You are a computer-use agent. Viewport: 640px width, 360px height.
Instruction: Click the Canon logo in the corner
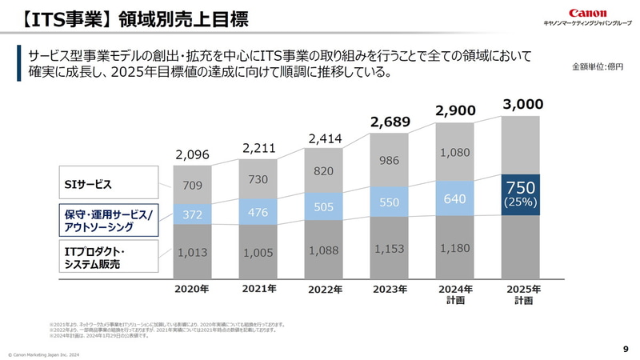pyautogui.click(x=587, y=13)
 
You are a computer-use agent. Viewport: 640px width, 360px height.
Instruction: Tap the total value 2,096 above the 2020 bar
pyautogui.click(x=192, y=154)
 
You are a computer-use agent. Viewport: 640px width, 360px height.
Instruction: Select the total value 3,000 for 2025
pyautogui.click(x=522, y=104)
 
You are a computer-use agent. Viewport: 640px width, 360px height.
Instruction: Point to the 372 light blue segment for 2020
pyautogui.click(x=192, y=214)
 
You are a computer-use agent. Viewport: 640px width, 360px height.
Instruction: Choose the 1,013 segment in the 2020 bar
pyautogui.click(x=192, y=252)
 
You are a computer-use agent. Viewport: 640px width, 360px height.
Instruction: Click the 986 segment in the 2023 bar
pyautogui.click(x=390, y=162)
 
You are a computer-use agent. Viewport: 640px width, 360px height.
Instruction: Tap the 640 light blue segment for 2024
pyautogui.click(x=455, y=198)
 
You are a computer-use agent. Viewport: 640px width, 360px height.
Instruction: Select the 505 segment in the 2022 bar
pyautogui.click(x=324, y=207)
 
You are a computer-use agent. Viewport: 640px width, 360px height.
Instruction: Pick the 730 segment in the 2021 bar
pyautogui.click(x=258, y=181)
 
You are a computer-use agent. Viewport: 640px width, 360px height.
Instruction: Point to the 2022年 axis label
pyautogui.click(x=324, y=290)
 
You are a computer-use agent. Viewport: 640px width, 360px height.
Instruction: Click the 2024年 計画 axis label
pyautogui.click(x=455, y=294)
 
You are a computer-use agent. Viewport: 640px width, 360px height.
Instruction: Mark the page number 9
pyautogui.click(x=625, y=349)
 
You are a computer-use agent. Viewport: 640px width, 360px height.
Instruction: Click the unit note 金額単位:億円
pyautogui.click(x=597, y=66)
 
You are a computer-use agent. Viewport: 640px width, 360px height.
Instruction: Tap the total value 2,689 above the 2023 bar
pyautogui.click(x=390, y=122)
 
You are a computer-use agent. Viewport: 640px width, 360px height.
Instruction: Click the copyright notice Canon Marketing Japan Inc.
pyautogui.click(x=45, y=354)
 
